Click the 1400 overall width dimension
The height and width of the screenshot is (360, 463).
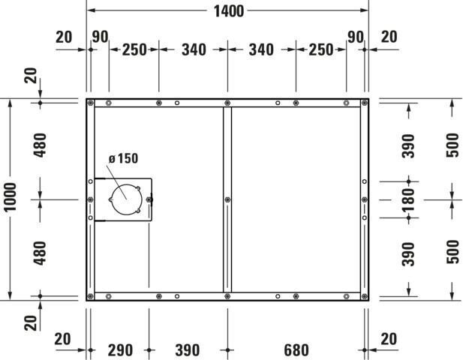click(x=229, y=11)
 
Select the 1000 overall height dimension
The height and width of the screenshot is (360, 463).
click(x=10, y=196)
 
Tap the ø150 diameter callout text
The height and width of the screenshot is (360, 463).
click(x=123, y=158)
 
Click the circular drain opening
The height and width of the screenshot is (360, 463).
click(x=127, y=199)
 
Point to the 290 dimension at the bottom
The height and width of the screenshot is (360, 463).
click(x=120, y=350)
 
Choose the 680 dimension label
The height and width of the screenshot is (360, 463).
click(x=296, y=350)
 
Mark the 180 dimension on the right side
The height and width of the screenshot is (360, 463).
click(x=408, y=199)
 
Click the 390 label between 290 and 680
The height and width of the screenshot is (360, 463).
click(x=188, y=350)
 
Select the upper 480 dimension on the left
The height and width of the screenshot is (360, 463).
click(x=40, y=145)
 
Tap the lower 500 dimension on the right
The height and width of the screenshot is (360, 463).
click(x=452, y=252)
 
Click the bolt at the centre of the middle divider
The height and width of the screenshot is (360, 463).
click(x=227, y=199)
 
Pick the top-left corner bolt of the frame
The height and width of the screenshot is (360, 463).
click(x=91, y=103)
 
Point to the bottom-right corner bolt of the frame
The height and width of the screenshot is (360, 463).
click(x=365, y=296)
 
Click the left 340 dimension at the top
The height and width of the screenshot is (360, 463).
click(x=194, y=49)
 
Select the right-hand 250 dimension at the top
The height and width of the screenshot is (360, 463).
click(x=321, y=49)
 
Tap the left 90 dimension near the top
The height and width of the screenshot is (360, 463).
click(x=100, y=37)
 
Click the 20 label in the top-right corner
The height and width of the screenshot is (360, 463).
click(x=389, y=37)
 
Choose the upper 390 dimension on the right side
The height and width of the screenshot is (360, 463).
click(x=408, y=145)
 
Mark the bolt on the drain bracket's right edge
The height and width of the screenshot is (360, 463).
click(x=149, y=199)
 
